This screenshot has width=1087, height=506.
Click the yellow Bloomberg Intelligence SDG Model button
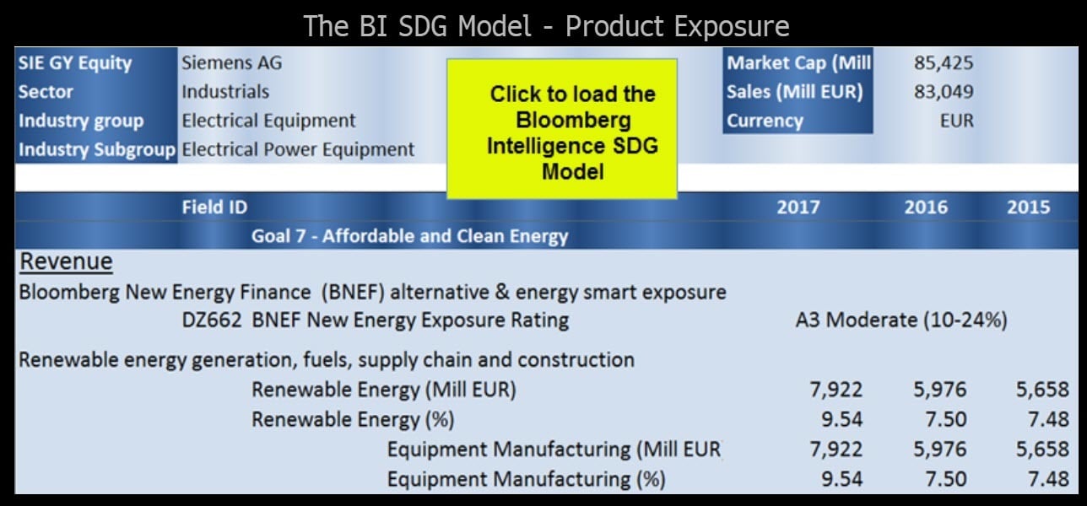pyautogui.click(x=562, y=129)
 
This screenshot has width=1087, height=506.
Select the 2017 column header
pyautogui.click(x=798, y=207)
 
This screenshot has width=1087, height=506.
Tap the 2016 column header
pyautogui.click(x=926, y=207)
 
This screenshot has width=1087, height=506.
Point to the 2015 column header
pyautogui.click(x=1028, y=207)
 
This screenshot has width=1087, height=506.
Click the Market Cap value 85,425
pyautogui.click(x=944, y=62)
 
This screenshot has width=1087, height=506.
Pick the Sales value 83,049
pyautogui.click(x=944, y=92)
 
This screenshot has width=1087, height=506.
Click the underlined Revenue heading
pyautogui.click(x=66, y=262)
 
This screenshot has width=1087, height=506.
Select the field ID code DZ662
pyautogui.click(x=212, y=320)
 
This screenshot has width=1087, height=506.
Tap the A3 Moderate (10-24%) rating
pyautogui.click(x=901, y=320)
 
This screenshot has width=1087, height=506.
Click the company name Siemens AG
pyautogui.click(x=232, y=62)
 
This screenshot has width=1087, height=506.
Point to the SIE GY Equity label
pyautogui.click(x=75, y=63)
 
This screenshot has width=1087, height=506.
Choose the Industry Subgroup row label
pyautogui.click(x=97, y=150)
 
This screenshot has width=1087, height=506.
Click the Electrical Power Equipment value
pyautogui.click(x=298, y=150)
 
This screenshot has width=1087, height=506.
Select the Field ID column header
pyautogui.click(x=214, y=207)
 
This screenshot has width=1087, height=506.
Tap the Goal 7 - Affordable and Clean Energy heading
pyautogui.click(x=409, y=236)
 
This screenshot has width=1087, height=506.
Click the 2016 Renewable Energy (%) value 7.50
pyautogui.click(x=946, y=419)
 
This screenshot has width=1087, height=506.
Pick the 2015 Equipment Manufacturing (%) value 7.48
pyautogui.click(x=1048, y=479)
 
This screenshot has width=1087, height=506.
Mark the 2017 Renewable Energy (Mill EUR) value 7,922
pyautogui.click(x=836, y=390)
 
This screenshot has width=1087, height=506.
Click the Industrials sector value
pyautogui.click(x=225, y=92)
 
